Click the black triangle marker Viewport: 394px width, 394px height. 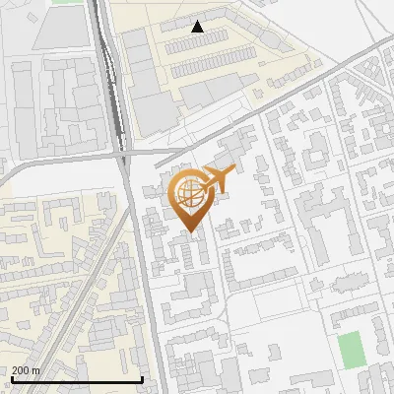[x=198, y=27]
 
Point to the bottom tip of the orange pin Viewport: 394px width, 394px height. [x=191, y=233]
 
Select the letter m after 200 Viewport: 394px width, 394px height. [x=37, y=370]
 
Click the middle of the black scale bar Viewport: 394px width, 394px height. [x=77, y=379]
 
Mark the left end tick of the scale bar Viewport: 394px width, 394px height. [x=11, y=379]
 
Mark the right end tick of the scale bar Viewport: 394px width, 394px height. [x=143, y=379]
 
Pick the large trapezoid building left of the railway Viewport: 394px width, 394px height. [x=65, y=30]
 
